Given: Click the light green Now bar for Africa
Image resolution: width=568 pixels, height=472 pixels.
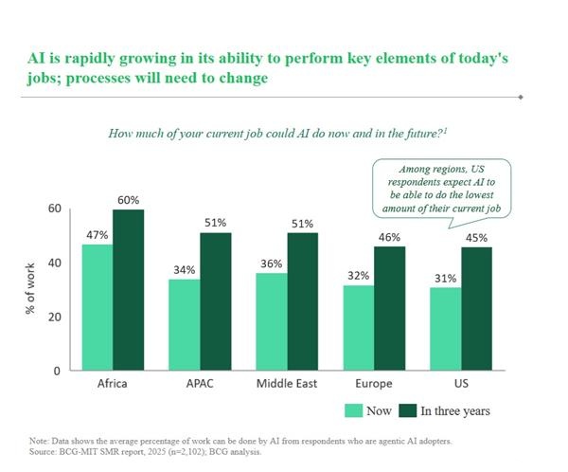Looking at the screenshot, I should [97, 307].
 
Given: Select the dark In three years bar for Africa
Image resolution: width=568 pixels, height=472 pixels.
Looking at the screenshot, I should [128, 289].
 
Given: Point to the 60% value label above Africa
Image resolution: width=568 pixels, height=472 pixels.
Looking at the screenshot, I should [128, 200].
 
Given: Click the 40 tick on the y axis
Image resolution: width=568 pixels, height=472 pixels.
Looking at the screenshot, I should [54, 263].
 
